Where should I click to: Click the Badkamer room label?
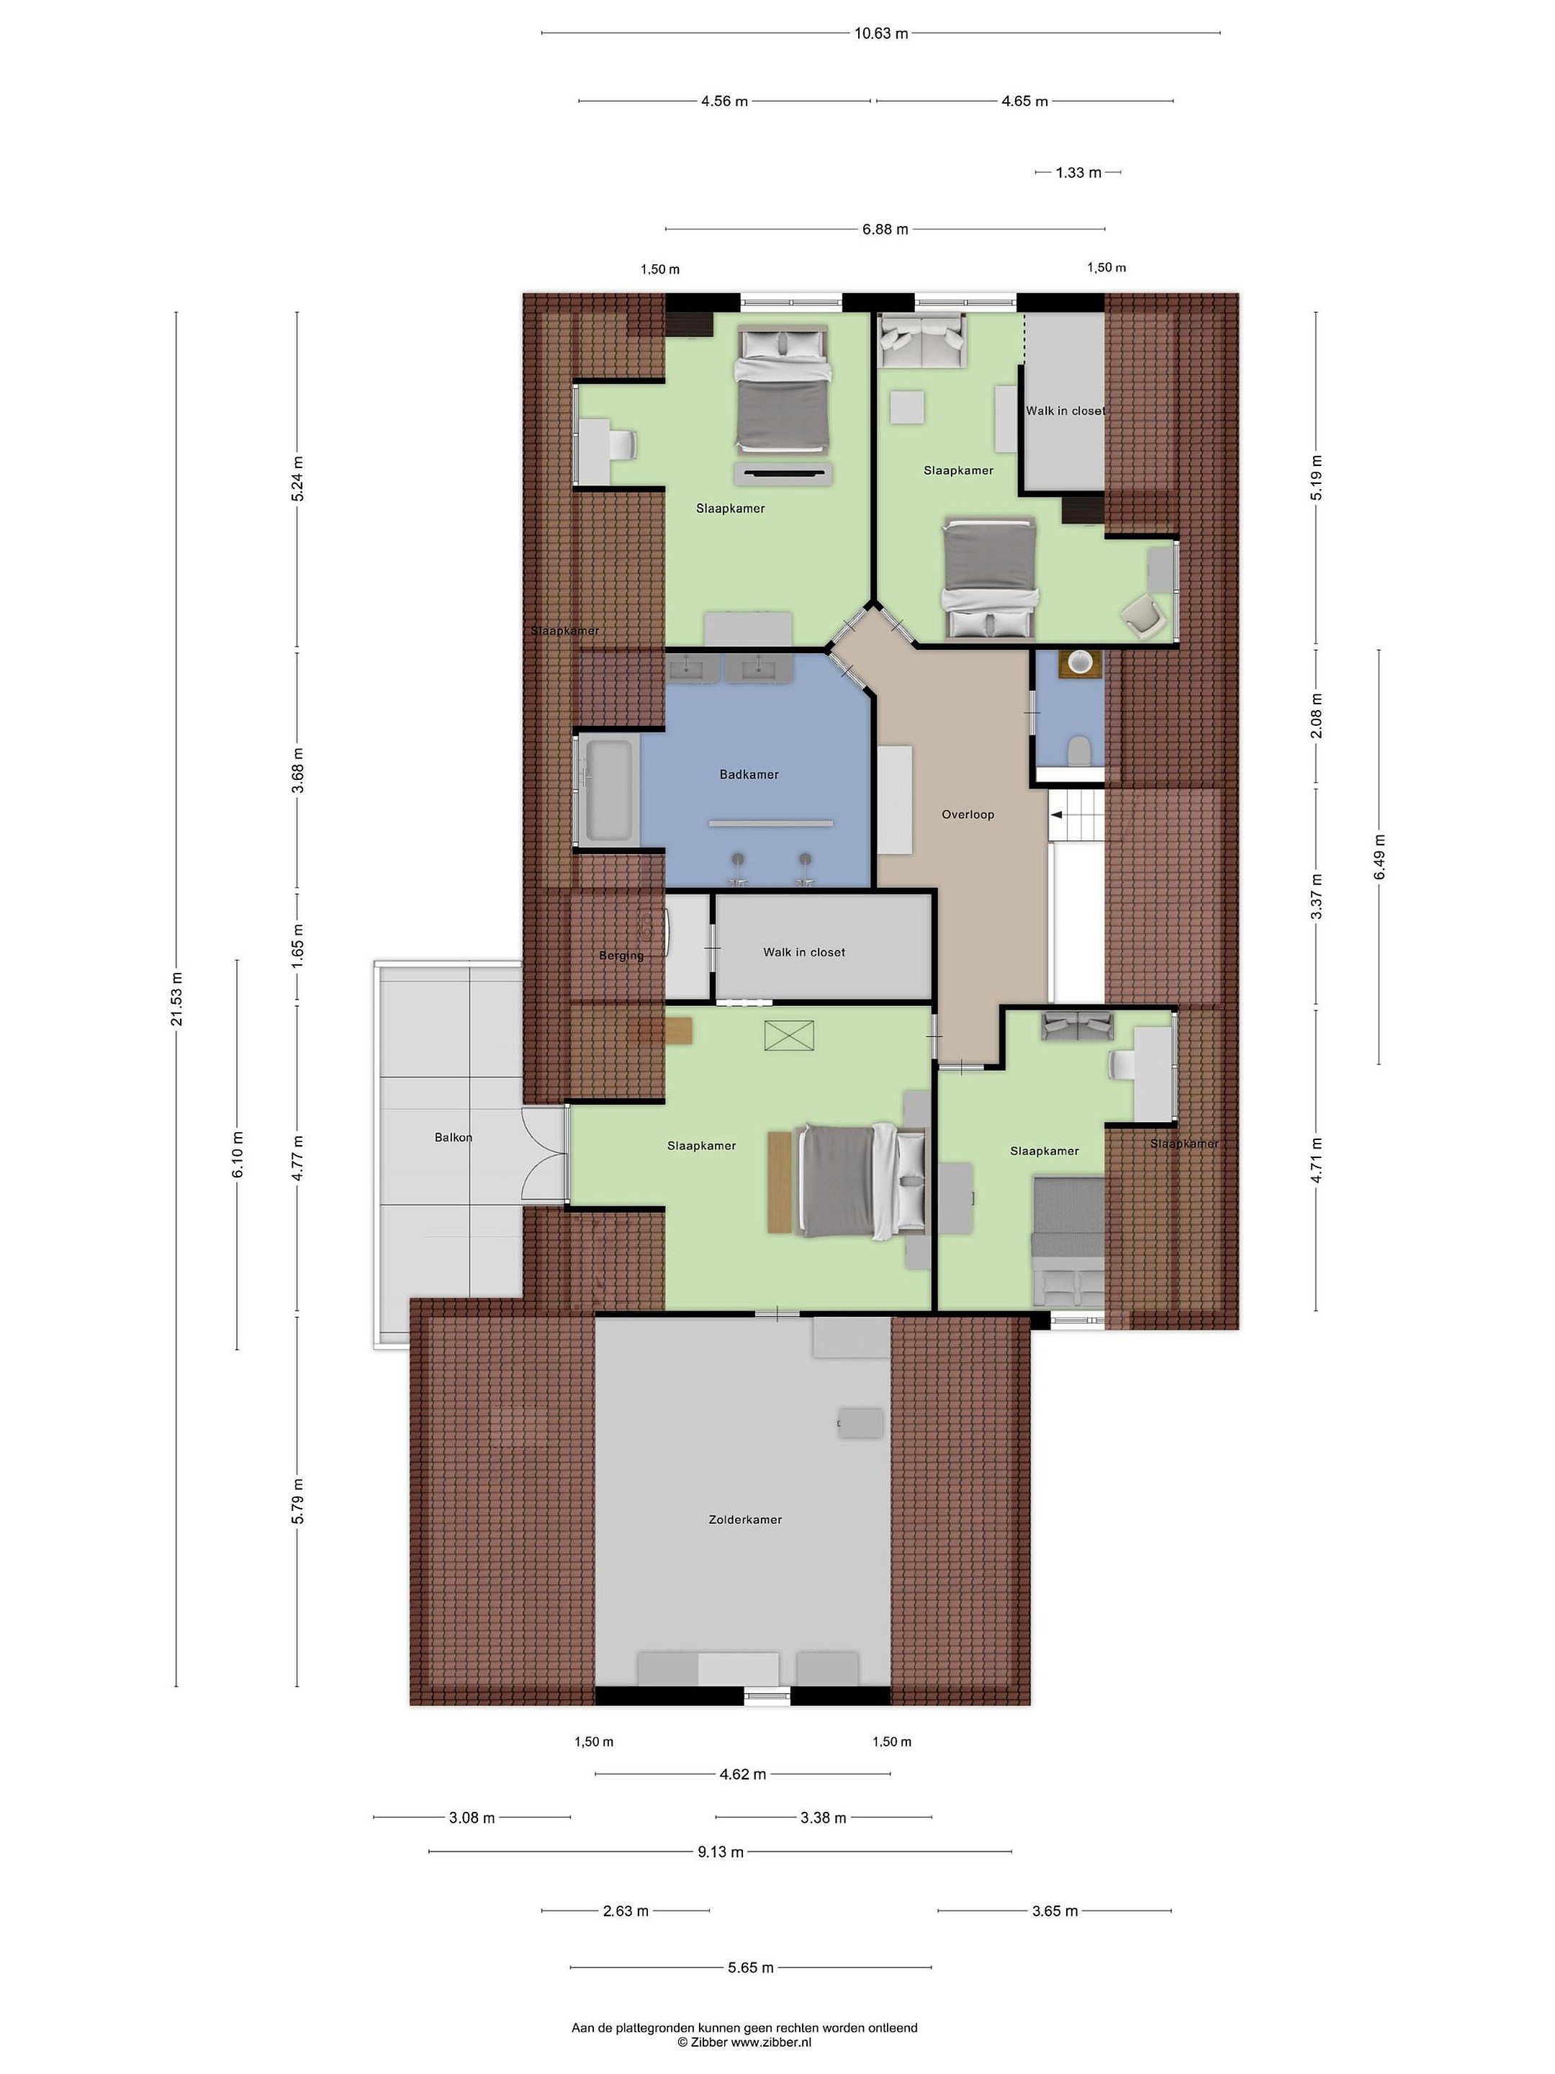coord(749,774)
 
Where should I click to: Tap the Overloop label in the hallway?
coord(968,814)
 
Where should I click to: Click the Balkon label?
coord(454,1137)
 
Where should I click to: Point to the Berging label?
coord(621,956)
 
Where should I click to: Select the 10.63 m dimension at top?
coord(881,34)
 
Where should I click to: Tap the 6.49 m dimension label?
coord(1379,857)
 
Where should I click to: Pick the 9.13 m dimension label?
coord(721,1851)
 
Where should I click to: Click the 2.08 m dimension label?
coord(1316,715)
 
